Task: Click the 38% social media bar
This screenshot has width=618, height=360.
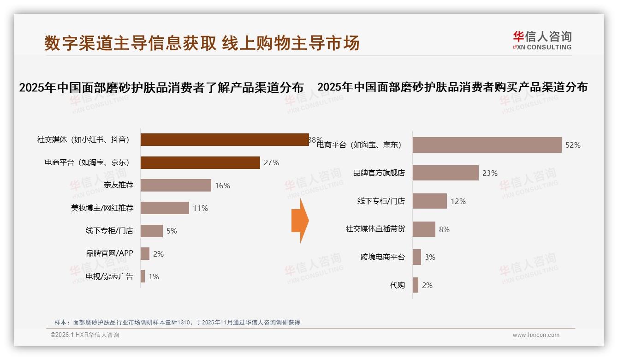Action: pyautogui.click(x=224, y=140)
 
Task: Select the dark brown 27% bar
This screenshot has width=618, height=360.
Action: pyautogui.click(x=200, y=162)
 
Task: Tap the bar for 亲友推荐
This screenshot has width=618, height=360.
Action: pyautogui.click(x=176, y=186)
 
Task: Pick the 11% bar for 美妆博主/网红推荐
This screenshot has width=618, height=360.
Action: pyautogui.click(x=165, y=208)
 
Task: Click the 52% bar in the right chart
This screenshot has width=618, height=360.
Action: pyautogui.click(x=487, y=145)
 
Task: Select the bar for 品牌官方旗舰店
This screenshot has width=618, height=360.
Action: pyautogui.click(x=446, y=173)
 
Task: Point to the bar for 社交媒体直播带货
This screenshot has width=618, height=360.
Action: pyautogui.click(x=424, y=229)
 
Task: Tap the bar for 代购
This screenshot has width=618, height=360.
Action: pyautogui.click(x=416, y=285)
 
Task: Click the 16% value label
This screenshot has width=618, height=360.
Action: pyautogui.click(x=222, y=186)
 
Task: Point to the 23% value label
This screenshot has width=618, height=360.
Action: pyautogui.click(x=490, y=174)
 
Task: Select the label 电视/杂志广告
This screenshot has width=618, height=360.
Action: pyautogui.click(x=109, y=276)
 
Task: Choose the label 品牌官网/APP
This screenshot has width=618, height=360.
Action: pyautogui.click(x=109, y=253)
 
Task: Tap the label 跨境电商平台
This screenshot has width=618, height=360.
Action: pyautogui.click(x=382, y=257)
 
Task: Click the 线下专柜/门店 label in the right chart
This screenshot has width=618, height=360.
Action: pyautogui.click(x=381, y=201)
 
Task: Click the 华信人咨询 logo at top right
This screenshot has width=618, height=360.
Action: pyautogui.click(x=542, y=40)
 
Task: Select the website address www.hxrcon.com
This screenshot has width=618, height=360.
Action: pyautogui.click(x=536, y=335)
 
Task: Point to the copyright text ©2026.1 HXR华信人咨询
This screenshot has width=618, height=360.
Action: pyautogui.click(x=85, y=335)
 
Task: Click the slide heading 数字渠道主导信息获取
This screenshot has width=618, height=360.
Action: pyautogui.click(x=131, y=43)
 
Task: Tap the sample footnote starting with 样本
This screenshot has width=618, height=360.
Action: pyautogui.click(x=177, y=322)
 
